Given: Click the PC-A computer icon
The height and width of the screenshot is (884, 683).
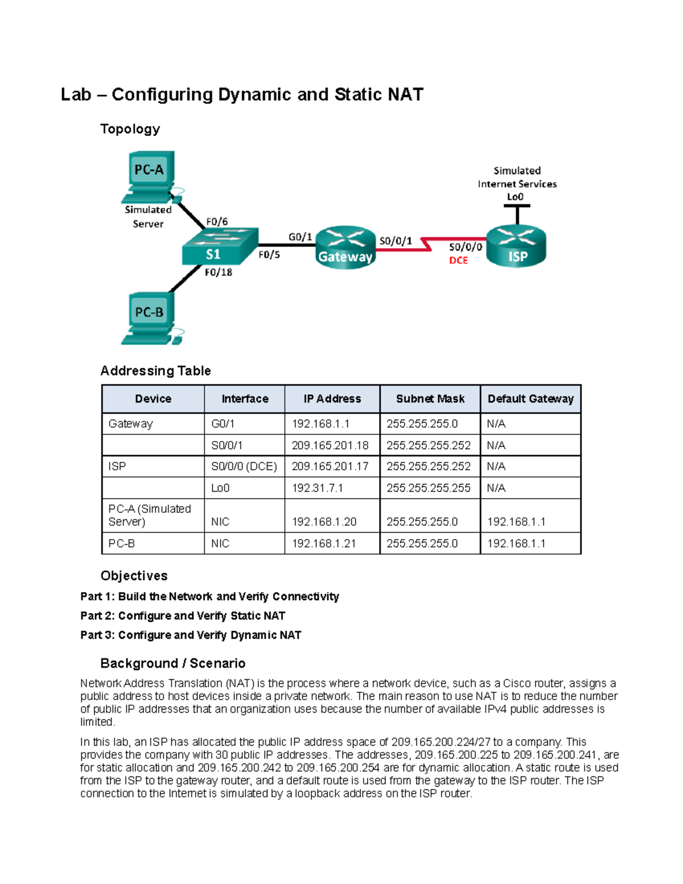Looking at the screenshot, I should pyautogui.click(x=149, y=176).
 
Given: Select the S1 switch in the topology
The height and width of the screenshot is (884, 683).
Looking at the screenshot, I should pyautogui.click(x=219, y=247).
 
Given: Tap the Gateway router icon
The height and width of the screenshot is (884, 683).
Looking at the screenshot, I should pyautogui.click(x=345, y=248).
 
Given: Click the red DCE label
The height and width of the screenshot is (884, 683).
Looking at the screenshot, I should pyautogui.click(x=458, y=261).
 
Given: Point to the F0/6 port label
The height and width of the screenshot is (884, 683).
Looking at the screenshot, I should pyautogui.click(x=217, y=221).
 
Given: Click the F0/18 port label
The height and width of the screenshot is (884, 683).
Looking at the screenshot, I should pyautogui.click(x=219, y=273).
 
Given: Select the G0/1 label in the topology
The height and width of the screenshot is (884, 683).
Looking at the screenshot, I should pyautogui.click(x=300, y=237).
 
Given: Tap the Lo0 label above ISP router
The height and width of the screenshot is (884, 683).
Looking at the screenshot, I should pyautogui.click(x=515, y=197).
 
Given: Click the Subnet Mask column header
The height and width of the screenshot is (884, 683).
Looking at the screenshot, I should pyautogui.click(x=430, y=399).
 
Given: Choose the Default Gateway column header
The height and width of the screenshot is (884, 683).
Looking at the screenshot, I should pyautogui.click(x=530, y=399).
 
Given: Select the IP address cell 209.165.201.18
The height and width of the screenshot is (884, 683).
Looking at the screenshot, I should pyautogui.click(x=330, y=445).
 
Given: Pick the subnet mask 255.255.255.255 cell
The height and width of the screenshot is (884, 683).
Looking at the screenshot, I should pyautogui.click(x=429, y=488).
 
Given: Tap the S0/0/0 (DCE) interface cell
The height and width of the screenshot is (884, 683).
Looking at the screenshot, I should pyautogui.click(x=244, y=466).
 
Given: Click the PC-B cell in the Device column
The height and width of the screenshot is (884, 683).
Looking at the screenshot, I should pyautogui.click(x=122, y=544).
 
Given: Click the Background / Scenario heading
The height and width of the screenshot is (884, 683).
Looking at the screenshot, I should pyautogui.click(x=173, y=663).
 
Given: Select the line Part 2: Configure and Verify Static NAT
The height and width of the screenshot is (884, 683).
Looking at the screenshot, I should pyautogui.click(x=183, y=616).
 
